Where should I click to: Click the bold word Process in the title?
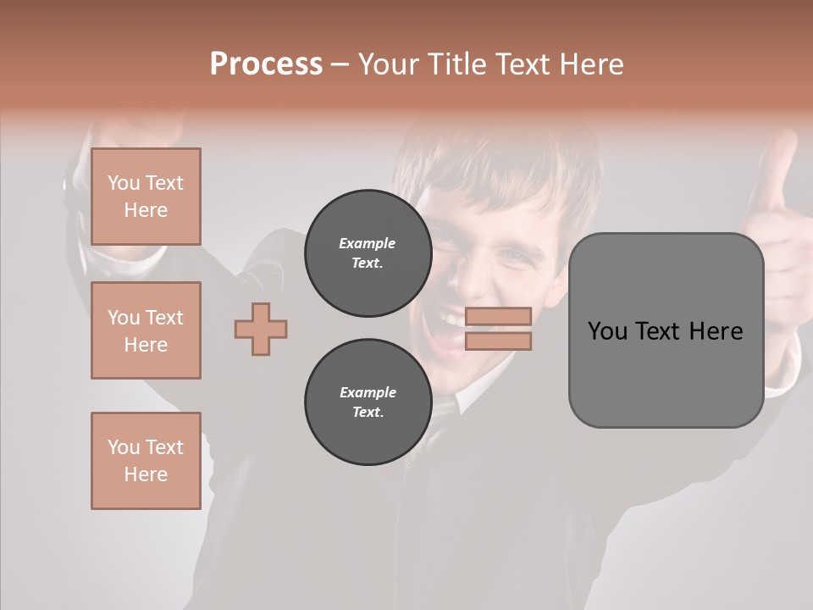pyautogui.click(x=266, y=64)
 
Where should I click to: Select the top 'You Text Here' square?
pyautogui.click(x=146, y=197)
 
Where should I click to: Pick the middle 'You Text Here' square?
pyautogui.click(x=146, y=330)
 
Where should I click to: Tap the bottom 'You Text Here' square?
pyautogui.click(x=146, y=461)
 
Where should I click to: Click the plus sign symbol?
pyautogui.click(x=261, y=329)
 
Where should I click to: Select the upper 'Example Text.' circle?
pyautogui.click(x=368, y=253)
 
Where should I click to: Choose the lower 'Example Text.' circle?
pyautogui.click(x=368, y=402)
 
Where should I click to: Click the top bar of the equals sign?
pyautogui.click(x=498, y=316)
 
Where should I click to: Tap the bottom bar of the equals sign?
pyautogui.click(x=498, y=341)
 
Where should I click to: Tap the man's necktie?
pyautogui.click(x=442, y=415)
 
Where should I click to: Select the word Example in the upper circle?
pyautogui.click(x=368, y=243)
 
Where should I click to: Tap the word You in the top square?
pyautogui.click(x=124, y=183)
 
